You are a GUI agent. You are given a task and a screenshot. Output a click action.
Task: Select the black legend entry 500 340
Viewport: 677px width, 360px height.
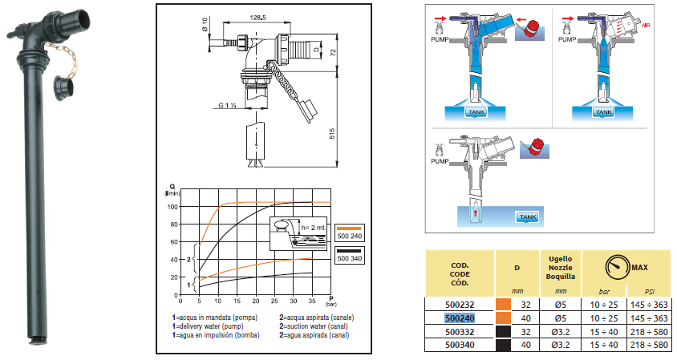351,257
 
